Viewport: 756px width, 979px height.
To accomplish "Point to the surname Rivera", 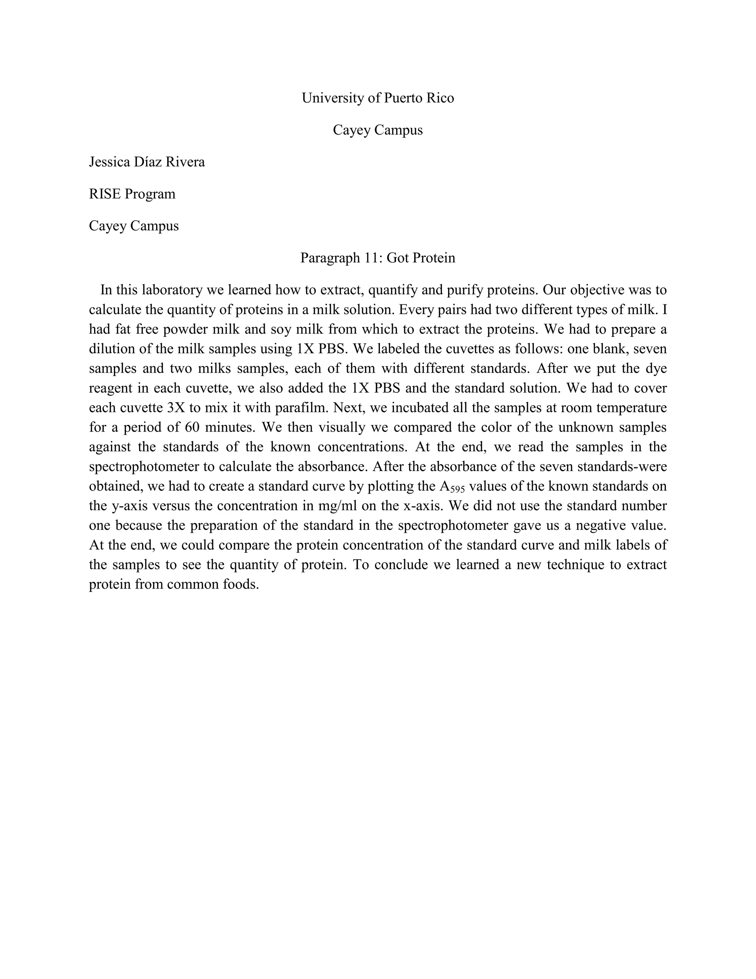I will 185,162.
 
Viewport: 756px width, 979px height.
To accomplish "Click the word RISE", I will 105,194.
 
